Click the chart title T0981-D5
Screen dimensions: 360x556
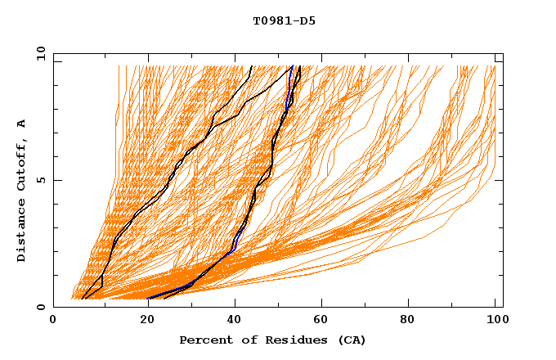pyautogui.click(x=273, y=21)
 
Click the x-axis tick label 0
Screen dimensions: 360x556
pyautogui.click(x=53, y=321)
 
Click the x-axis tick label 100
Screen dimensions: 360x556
pyautogui.click(x=494, y=321)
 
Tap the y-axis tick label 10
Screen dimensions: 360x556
pyautogui.click(x=39, y=53)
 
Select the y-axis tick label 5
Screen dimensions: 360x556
pyautogui.click(x=43, y=180)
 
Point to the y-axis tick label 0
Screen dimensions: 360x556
pyautogui.click(x=43, y=307)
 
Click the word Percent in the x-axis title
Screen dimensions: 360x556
pyautogui.click(x=204, y=340)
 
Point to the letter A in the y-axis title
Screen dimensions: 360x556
pyautogui.click(x=22, y=123)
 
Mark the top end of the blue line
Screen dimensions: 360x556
pyautogui.click(x=292, y=65)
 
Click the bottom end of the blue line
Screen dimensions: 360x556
pyautogui.click(x=149, y=298)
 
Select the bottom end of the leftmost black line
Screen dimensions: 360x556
pyautogui.click(x=83, y=299)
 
